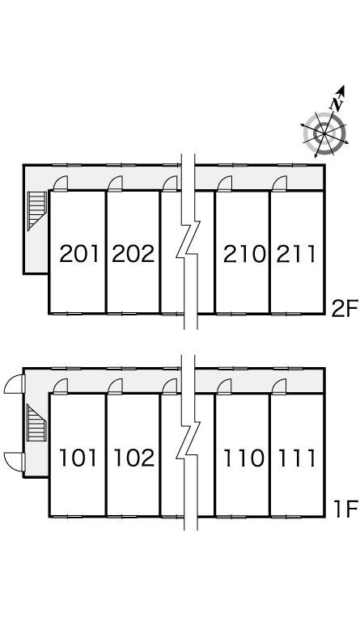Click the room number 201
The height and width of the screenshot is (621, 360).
[78, 254]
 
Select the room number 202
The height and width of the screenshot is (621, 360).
[133, 254]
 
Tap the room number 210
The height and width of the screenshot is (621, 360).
[244, 254]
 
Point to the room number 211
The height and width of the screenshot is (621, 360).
[296, 254]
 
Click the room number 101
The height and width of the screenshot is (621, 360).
[78, 458]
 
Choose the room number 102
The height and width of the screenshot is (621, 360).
[133, 458]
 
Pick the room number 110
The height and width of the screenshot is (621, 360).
[244, 458]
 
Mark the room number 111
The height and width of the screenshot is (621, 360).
[296, 458]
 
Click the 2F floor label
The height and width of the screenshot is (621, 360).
[345, 309]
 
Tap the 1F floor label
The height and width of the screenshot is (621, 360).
[345, 509]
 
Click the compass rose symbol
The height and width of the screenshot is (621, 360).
[324, 133]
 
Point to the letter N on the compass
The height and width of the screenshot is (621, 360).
[337, 103]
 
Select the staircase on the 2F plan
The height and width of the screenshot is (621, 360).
[37, 211]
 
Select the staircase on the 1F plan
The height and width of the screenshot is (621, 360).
[36, 423]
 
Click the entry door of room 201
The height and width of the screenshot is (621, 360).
[61, 184]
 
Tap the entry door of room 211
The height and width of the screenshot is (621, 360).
[279, 184]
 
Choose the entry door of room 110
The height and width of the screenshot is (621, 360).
[224, 387]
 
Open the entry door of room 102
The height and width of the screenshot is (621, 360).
[115, 387]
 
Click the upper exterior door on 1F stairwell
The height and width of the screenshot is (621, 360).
[15, 384]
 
